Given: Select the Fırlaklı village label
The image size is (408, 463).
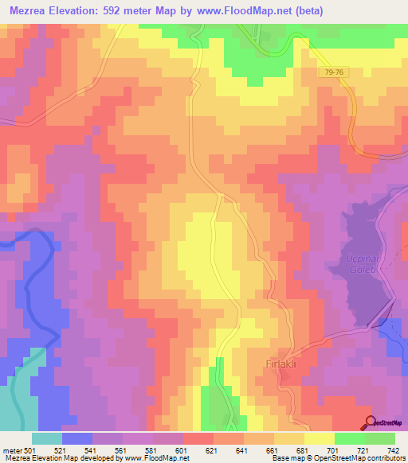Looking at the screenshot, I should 281,364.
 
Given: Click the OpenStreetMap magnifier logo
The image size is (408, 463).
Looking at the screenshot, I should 370,422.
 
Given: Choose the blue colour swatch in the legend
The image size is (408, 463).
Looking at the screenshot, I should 76,438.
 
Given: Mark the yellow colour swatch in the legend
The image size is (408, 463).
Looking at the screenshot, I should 319,438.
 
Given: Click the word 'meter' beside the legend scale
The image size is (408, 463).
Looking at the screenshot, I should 10,449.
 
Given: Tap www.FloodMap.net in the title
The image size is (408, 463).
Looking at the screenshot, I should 259,11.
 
